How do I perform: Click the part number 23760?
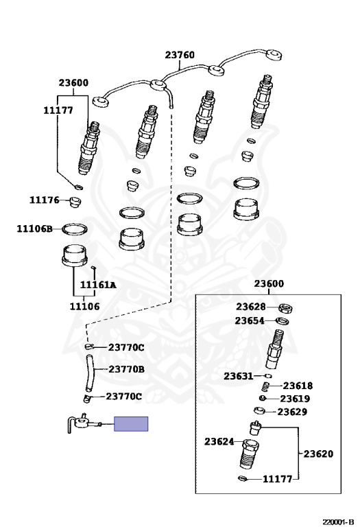(x=180, y=56)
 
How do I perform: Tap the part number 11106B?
(x=35, y=229)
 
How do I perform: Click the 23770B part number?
(x=126, y=369)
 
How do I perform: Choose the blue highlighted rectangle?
(x=131, y=424)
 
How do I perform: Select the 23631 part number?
(x=238, y=376)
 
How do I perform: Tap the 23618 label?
(x=298, y=386)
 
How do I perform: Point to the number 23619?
(x=296, y=399)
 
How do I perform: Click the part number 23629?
(x=291, y=412)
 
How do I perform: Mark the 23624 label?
(x=219, y=442)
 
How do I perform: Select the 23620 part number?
(x=318, y=454)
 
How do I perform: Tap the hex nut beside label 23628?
(x=282, y=307)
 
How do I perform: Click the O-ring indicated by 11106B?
(x=75, y=229)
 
